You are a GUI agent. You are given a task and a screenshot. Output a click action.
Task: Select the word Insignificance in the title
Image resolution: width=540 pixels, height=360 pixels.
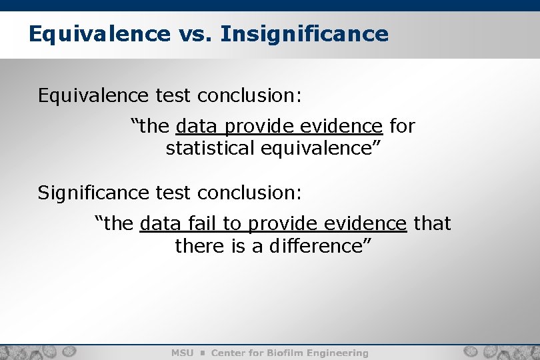[x=304, y=33]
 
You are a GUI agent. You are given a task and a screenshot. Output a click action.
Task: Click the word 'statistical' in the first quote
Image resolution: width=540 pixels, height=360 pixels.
[x=211, y=148]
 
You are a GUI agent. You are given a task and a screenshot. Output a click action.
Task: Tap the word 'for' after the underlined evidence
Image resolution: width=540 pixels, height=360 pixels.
[x=401, y=125]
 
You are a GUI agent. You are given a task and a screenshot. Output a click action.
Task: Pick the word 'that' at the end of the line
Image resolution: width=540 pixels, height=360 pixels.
[x=432, y=223]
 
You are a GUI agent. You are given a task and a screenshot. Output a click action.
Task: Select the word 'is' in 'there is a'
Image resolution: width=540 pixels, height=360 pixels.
[x=239, y=246]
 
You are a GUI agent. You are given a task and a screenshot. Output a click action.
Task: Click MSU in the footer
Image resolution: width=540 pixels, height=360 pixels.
[x=183, y=353]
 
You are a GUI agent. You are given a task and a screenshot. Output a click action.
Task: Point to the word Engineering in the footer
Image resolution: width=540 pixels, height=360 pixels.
[x=337, y=353]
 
